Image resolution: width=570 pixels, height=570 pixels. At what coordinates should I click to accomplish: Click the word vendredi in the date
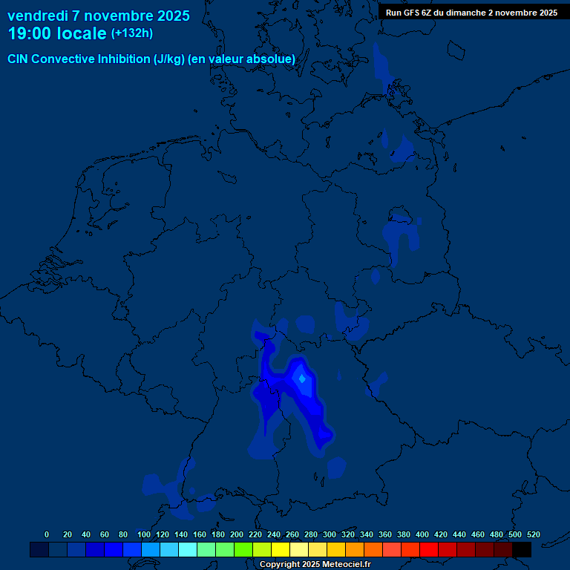[x=38, y=16]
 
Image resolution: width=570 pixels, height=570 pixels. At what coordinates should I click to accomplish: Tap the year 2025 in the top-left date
[x=168, y=16]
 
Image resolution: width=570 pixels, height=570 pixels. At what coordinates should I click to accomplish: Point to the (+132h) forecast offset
[x=131, y=33]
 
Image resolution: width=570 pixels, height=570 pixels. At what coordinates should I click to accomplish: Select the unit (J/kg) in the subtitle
[x=170, y=59]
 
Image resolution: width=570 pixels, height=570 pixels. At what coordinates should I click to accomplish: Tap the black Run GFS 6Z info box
[x=471, y=13]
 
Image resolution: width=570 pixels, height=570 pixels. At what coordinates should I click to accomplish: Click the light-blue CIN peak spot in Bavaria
[x=302, y=379]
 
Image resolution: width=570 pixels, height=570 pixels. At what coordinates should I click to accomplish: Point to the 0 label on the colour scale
[x=47, y=534]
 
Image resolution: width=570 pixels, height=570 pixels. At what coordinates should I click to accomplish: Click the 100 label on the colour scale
[x=143, y=534]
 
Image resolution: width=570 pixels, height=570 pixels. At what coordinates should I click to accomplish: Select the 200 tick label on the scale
[x=237, y=534]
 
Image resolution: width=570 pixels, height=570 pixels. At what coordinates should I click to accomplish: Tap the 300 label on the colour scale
[x=330, y=534]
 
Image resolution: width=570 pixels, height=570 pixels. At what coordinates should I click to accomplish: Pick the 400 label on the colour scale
[x=422, y=534]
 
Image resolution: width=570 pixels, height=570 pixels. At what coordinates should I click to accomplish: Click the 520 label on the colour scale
[x=533, y=534]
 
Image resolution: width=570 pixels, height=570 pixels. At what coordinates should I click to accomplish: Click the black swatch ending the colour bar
[x=522, y=549]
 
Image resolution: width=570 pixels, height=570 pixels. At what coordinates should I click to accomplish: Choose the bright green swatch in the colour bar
[x=243, y=549]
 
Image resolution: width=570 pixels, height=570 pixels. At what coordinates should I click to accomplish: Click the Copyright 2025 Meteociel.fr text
[x=315, y=564]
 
